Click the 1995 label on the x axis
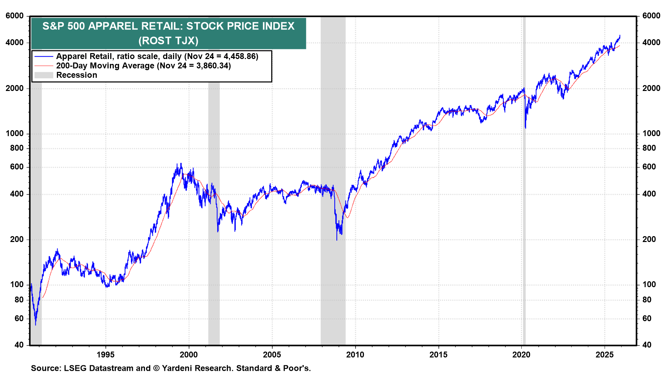105,355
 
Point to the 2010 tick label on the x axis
355,355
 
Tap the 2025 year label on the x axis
605,355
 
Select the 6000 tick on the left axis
15,16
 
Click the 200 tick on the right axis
649,239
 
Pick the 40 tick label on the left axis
19,345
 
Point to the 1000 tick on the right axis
651,133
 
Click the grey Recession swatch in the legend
44,75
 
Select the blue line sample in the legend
44,56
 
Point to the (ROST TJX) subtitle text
169,41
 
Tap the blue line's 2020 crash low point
526,128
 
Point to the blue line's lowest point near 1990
35,325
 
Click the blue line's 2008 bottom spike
336,240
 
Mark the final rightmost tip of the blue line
620,35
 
